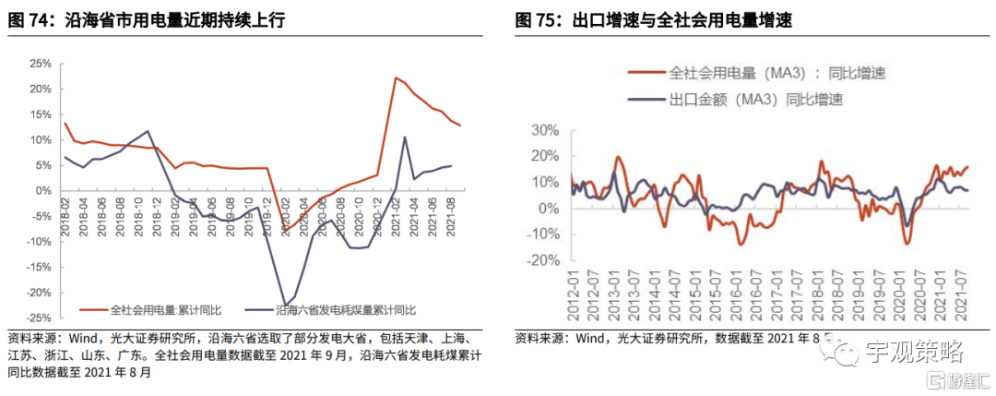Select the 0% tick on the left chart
coord(42,191)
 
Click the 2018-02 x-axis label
coord(65,213)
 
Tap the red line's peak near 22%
coord(395,78)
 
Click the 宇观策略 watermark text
coord(914,352)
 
